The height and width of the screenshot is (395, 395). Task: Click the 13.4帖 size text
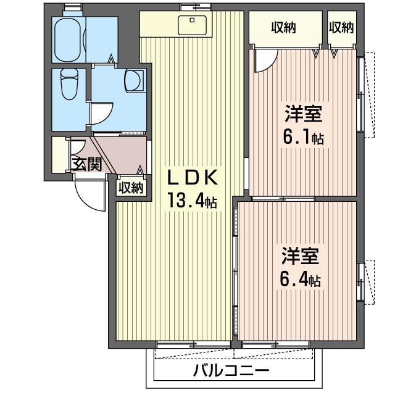[191, 201]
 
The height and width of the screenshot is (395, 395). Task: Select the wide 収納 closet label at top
[284, 27]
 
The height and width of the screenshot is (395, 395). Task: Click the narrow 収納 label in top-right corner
[341, 27]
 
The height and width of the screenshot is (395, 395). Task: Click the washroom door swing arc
[101, 115]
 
